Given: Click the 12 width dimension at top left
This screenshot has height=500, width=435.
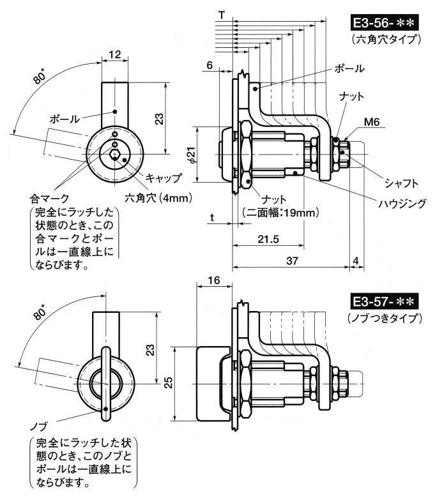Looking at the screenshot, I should click(114, 55).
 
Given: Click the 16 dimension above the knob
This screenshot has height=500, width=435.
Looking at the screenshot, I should click(213, 280).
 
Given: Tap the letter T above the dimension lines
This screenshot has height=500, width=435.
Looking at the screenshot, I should click(220, 13).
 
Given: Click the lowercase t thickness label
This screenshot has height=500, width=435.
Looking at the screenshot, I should click(211, 217).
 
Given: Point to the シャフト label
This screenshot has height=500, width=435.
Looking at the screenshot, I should click(401, 183).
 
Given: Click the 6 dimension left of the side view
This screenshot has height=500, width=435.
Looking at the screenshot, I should click(210, 65).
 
